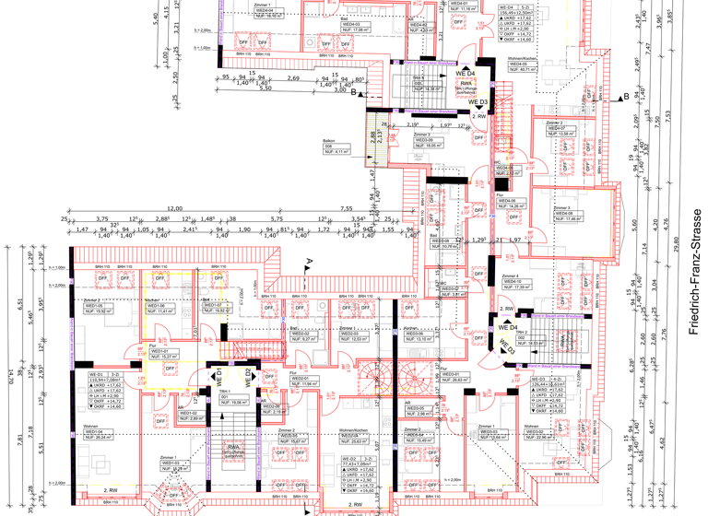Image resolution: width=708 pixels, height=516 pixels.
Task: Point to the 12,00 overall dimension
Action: (174, 210)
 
